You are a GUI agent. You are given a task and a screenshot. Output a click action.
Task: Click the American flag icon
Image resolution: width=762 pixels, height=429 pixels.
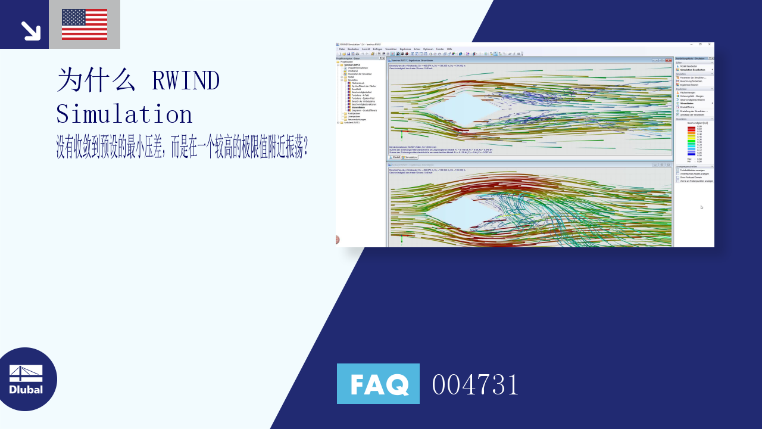click(85, 24)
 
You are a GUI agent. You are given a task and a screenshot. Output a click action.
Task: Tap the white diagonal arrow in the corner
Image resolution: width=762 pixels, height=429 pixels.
click(30, 30)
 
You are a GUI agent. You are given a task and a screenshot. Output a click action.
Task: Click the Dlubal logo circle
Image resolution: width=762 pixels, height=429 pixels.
click(26, 379)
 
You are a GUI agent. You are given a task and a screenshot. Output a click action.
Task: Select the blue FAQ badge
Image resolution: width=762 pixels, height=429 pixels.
click(378, 384)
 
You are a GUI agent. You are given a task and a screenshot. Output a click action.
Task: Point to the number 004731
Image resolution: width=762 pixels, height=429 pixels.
click(475, 384)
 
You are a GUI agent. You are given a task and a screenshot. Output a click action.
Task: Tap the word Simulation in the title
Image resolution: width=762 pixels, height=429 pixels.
click(124, 114)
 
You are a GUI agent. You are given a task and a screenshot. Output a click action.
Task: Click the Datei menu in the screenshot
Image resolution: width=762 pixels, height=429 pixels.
click(342, 49)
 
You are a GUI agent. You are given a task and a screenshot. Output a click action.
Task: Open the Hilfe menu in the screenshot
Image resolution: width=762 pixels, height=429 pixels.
click(449, 49)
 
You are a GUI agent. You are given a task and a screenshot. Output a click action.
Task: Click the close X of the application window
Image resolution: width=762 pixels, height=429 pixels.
click(709, 44)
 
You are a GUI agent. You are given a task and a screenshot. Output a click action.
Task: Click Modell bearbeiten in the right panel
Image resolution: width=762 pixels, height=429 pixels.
click(688, 66)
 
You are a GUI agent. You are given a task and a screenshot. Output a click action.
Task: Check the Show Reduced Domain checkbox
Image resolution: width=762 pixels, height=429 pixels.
click(677, 177)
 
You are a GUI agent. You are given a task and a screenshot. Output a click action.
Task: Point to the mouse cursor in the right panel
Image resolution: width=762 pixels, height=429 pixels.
click(701, 207)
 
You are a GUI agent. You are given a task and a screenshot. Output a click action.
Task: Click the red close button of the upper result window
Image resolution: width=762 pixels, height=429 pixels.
click(669, 60)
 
